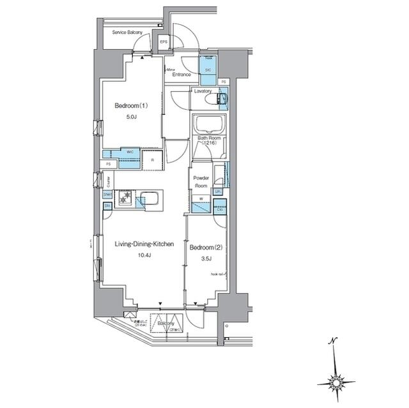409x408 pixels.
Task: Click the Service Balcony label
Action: tap(127, 31)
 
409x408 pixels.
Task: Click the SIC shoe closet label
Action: tap(208, 70)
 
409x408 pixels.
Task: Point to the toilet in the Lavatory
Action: tap(221, 100)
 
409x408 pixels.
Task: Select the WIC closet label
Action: tap(129, 152)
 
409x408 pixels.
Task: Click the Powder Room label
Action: tap(199, 180)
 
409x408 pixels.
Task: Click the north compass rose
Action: tap(336, 382)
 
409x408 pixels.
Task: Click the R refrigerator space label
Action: tap(152, 160)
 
